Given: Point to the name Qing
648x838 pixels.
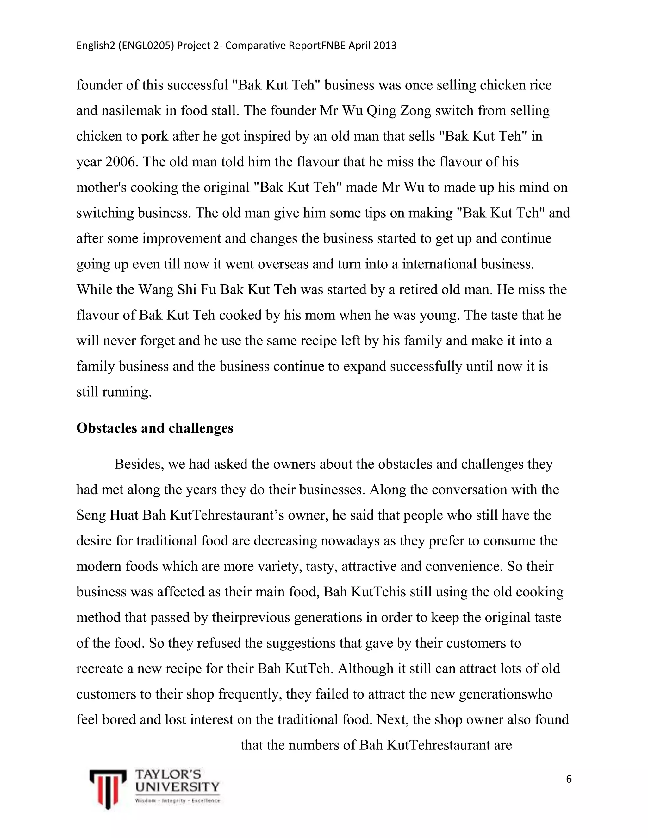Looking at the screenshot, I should tap(381, 111).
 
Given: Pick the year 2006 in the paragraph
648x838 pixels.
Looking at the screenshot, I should tap(121, 162).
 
